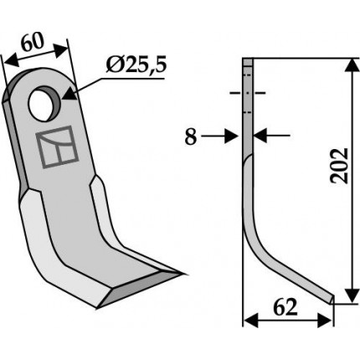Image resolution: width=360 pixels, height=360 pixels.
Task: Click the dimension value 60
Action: point(33,43)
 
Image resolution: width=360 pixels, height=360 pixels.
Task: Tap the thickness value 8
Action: point(191,136)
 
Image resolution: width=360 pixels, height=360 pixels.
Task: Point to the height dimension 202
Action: point(339,166)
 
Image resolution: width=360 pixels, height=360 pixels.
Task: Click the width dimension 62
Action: point(285,307)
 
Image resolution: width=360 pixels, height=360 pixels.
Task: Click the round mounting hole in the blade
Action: point(44,104)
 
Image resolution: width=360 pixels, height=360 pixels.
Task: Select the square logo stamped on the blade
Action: point(57,147)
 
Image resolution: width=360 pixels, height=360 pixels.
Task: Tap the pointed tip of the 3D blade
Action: point(183,274)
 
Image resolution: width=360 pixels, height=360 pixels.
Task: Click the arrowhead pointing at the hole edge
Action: point(69,94)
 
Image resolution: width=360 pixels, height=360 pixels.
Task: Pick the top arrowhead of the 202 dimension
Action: point(352,65)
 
